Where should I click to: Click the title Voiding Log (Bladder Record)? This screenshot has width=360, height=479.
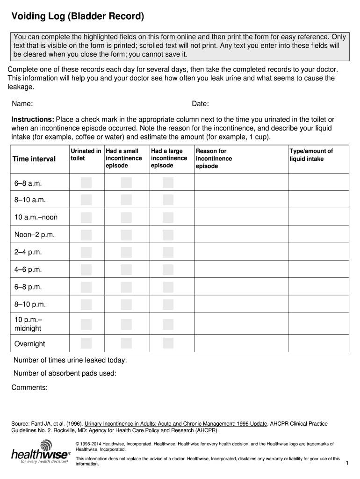click(78, 17)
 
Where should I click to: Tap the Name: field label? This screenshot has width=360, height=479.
click(22, 103)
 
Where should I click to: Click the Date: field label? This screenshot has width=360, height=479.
click(200, 103)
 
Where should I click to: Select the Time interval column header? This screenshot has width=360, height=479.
click(34, 159)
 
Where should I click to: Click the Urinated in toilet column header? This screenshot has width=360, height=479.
click(86, 155)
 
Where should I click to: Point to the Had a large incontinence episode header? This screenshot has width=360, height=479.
click(169, 158)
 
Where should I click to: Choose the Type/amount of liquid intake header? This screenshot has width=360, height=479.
click(311, 155)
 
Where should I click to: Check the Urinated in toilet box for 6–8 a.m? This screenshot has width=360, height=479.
click(86, 183)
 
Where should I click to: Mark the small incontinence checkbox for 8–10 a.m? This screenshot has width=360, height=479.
click(126, 200)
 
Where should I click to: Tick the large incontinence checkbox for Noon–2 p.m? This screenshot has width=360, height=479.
click(168, 235)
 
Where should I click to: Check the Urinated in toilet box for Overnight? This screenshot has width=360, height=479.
click(86, 343)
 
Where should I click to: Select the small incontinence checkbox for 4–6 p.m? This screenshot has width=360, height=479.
click(126, 269)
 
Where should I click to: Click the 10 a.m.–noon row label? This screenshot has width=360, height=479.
click(36, 218)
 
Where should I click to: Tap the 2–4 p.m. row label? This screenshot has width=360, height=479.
click(28, 252)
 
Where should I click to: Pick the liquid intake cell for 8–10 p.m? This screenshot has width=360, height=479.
click(318, 304)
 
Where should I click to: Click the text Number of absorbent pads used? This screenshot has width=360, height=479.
click(65, 373)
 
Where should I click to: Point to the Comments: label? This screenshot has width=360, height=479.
click(29, 387)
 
